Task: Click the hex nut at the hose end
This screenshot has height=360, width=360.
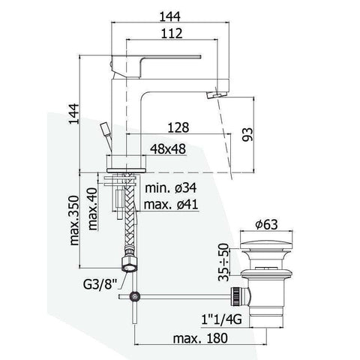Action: point(130,264)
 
